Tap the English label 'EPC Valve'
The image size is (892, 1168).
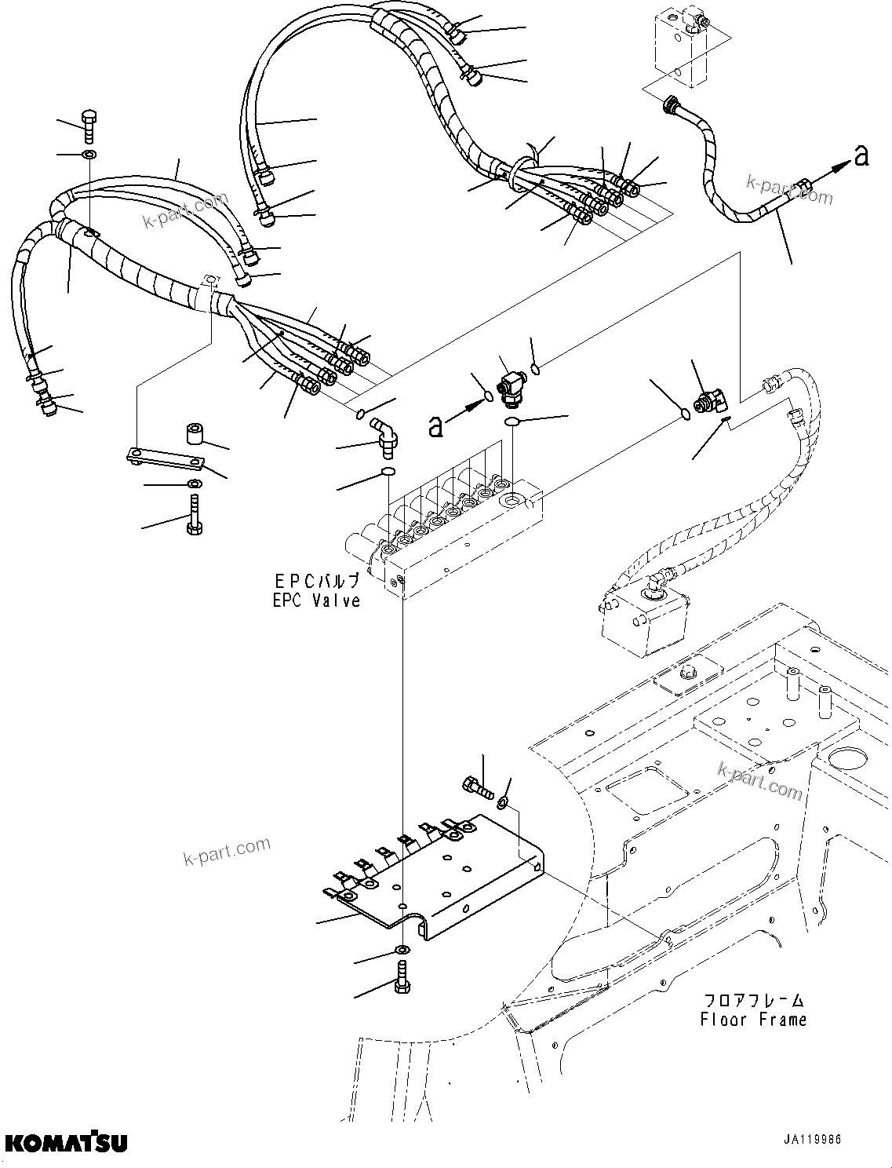coord(317,600)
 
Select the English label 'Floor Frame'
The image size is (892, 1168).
coord(753,1020)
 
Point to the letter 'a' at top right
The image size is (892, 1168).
coord(861,157)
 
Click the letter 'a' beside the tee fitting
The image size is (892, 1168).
coord(435,425)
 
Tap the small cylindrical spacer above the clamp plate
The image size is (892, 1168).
coord(193,433)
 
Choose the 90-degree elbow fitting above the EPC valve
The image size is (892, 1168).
coord(385,436)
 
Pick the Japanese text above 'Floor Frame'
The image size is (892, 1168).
coord(753,1000)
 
